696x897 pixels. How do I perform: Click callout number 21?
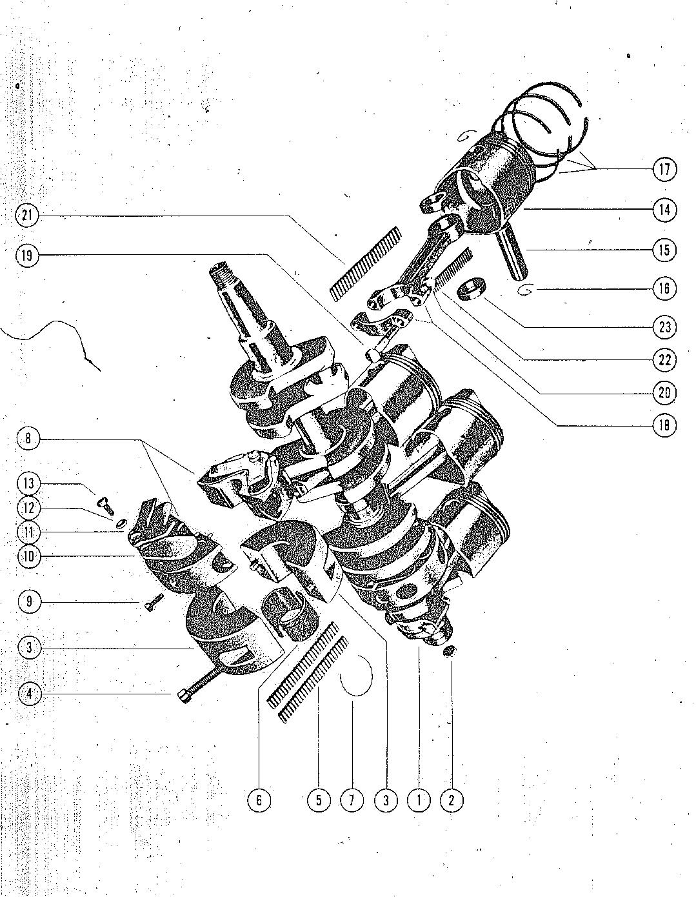tap(27, 216)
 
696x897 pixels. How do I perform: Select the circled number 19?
tap(27, 256)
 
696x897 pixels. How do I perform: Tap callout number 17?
tap(664, 169)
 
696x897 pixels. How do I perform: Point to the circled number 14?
tap(664, 210)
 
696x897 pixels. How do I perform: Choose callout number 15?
tap(664, 250)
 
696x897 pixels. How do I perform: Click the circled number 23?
tap(664, 327)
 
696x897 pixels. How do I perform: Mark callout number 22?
tap(664, 359)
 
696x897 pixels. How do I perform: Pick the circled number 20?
tap(664, 392)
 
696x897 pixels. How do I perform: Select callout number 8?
tap(28, 438)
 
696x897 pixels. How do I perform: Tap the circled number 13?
tap(28, 483)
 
